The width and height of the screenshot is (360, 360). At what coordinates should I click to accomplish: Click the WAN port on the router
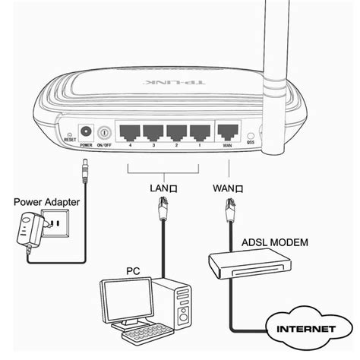(x=227, y=130)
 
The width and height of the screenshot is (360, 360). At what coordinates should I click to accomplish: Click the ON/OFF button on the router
(x=102, y=131)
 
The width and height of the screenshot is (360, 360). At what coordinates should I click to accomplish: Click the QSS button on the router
(x=251, y=134)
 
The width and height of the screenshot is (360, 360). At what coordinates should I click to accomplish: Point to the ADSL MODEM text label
(x=275, y=242)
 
